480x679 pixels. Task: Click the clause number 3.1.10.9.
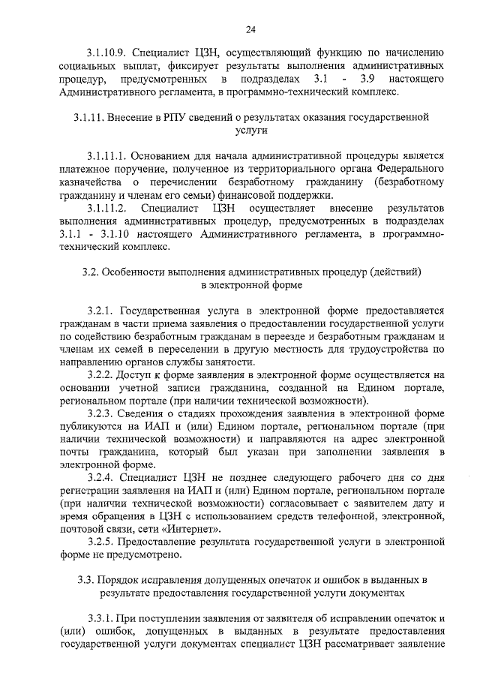click(x=106, y=53)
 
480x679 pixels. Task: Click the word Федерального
click(x=412, y=169)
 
